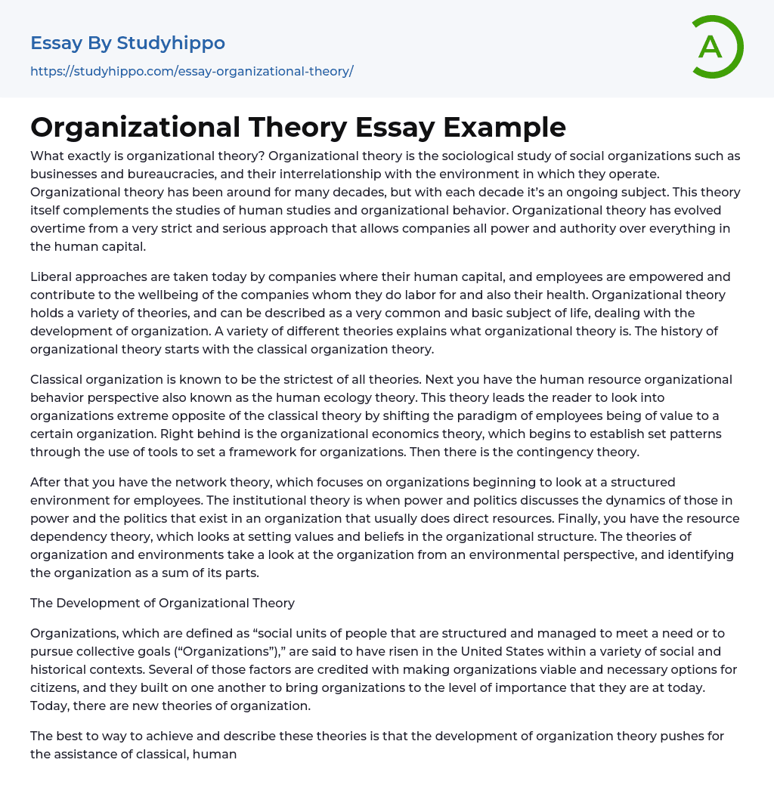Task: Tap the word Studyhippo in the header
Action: (x=171, y=43)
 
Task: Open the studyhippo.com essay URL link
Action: (x=192, y=72)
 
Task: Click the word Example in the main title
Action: (x=505, y=127)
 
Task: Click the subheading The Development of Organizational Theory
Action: (x=163, y=603)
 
